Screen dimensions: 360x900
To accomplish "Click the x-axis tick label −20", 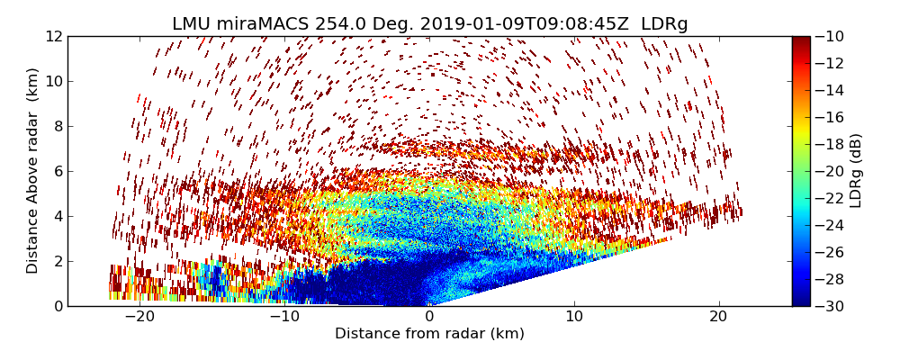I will tap(139, 317).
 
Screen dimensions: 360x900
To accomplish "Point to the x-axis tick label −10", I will tap(284, 317).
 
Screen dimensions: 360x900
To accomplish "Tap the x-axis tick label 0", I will tap(429, 317).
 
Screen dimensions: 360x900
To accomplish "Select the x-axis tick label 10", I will tap(574, 317).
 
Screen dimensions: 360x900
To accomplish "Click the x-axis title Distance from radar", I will tap(429, 334).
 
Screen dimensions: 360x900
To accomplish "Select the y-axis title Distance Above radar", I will tap(33, 171).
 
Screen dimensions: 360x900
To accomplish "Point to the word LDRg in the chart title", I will tap(664, 24).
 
